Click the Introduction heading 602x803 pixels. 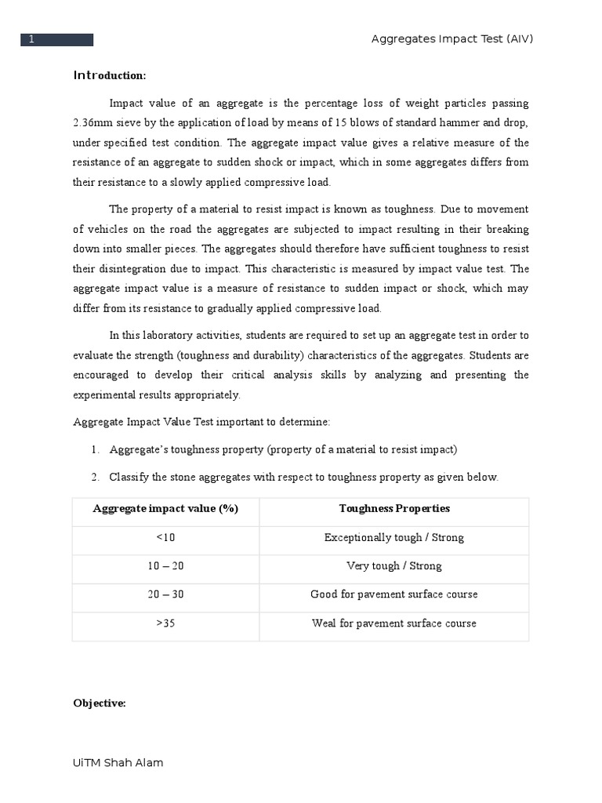[x=110, y=75]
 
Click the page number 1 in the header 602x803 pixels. [x=32, y=40]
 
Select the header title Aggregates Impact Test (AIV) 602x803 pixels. [x=451, y=40]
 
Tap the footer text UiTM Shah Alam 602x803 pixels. [x=118, y=762]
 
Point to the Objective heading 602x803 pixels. [x=100, y=703]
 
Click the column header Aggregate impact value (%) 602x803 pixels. [x=165, y=508]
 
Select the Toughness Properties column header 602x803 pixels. [x=394, y=508]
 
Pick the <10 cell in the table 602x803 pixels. [x=165, y=537]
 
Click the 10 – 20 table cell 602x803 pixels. [x=165, y=565]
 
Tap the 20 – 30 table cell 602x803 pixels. [x=165, y=594]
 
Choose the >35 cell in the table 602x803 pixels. [x=165, y=623]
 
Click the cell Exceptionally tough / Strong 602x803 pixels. [x=394, y=537]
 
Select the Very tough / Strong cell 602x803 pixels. [x=394, y=565]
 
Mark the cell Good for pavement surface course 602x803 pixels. [x=394, y=594]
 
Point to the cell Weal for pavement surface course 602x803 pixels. [x=394, y=623]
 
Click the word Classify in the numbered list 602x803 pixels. [x=130, y=477]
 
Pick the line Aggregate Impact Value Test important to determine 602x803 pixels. [x=201, y=422]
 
